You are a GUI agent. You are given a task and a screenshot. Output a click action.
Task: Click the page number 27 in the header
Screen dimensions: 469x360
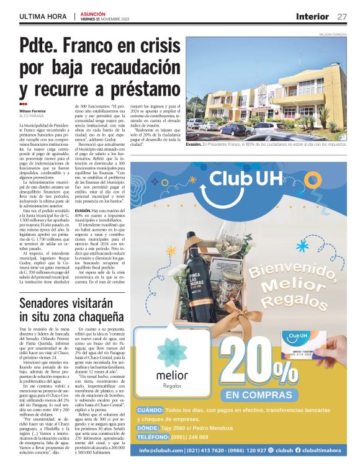tap(342, 16)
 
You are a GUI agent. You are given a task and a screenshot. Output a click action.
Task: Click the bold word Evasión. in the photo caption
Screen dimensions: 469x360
tap(194, 144)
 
